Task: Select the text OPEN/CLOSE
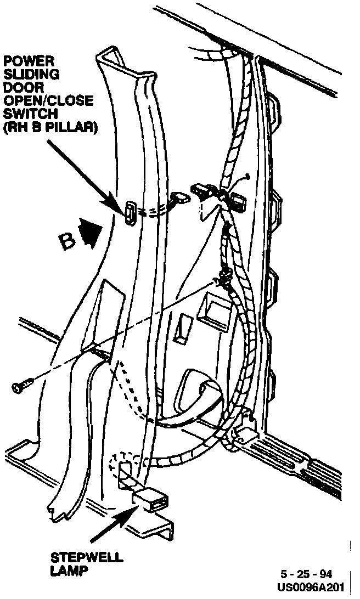pyautogui.click(x=48, y=101)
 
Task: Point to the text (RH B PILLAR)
pyautogui.click(x=49, y=128)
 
